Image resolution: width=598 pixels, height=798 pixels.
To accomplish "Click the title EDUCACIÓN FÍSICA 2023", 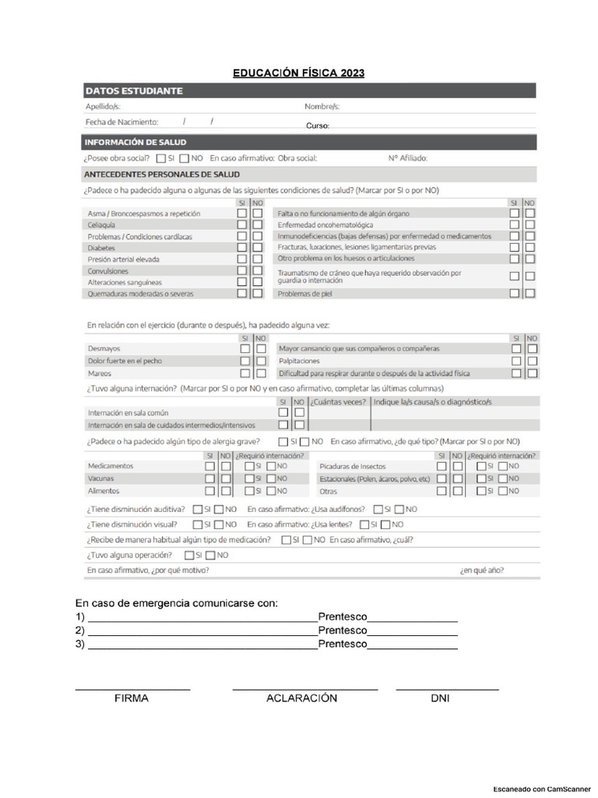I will [298, 73].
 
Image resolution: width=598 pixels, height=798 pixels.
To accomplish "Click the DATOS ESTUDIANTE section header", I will [134, 90].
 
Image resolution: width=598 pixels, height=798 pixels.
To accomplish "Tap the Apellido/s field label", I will [103, 107].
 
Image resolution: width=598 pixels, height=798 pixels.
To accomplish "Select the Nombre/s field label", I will [322, 107].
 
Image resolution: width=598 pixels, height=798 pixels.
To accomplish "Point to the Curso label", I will [318, 125].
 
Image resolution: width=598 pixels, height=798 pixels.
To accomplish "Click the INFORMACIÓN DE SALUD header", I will [135, 142].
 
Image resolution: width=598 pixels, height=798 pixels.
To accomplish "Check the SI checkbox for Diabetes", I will [243, 247].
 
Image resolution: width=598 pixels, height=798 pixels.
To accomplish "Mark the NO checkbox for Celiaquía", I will [258, 224].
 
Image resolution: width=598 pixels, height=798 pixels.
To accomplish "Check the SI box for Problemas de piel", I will [515, 294].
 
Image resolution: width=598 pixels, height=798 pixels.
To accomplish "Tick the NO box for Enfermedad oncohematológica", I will [530, 224].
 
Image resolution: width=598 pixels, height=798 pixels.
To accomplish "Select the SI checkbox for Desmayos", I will [245, 349].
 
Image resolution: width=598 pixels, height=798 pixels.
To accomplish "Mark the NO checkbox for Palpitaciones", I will [533, 362].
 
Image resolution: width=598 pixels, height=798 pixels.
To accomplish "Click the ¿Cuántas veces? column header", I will [339, 401].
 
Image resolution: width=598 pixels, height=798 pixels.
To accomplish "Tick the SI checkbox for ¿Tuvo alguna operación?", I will [189, 555].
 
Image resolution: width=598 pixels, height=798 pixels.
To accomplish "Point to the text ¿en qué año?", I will [481, 570].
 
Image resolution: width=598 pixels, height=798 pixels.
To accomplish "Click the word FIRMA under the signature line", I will [131, 698].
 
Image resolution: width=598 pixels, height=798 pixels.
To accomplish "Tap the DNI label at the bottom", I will [440, 698].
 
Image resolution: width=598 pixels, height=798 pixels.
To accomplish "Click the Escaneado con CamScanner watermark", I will [542, 789].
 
